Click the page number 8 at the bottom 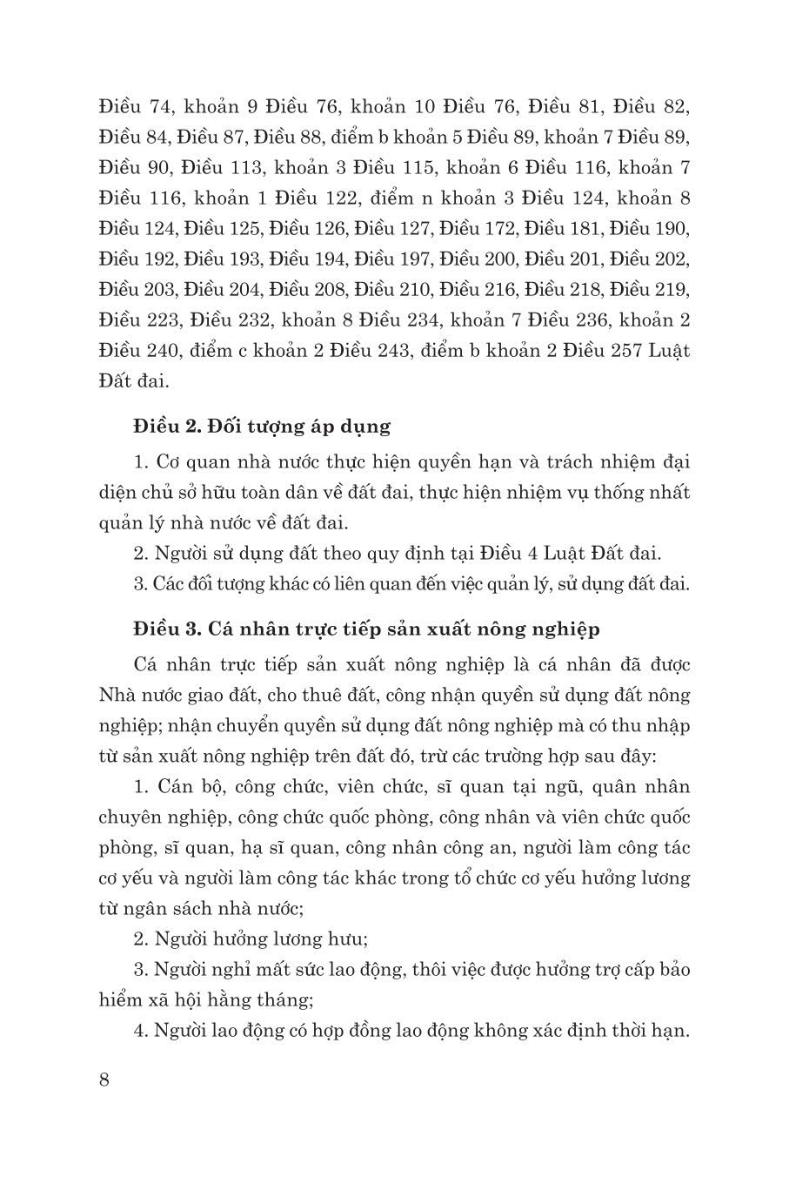104,1080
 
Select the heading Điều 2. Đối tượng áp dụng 262,427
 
